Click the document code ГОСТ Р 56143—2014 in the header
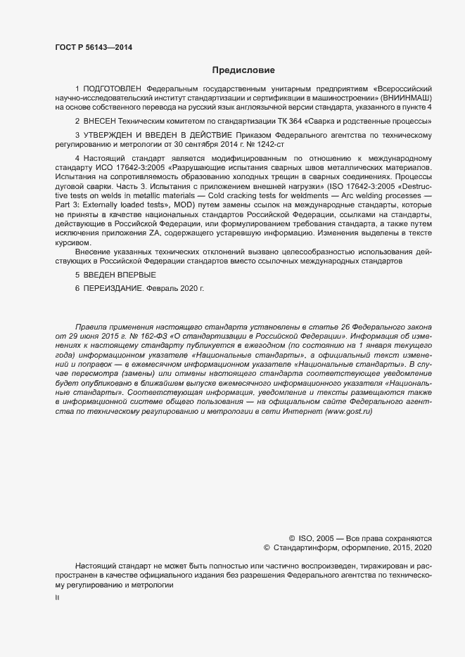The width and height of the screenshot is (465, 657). coord(93,47)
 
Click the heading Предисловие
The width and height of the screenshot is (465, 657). coord(243,70)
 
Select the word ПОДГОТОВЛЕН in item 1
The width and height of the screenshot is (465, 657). coord(112,89)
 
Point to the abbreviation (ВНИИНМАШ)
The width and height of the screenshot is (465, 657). coord(412,98)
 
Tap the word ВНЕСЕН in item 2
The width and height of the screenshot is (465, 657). coord(101,120)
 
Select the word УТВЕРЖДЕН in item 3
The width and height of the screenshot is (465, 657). coord(110,134)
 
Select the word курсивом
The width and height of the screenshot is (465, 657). coord(74,242)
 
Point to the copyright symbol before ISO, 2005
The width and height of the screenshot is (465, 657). coord(292,536)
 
